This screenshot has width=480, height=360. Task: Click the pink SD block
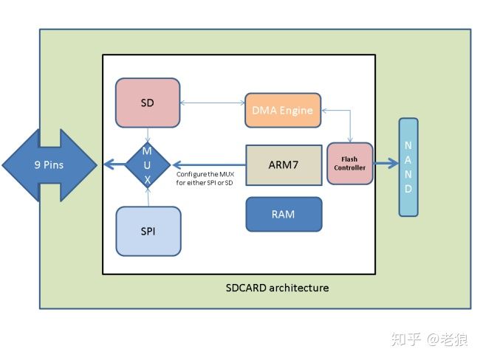pos(148,103)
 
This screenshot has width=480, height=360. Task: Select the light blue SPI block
pos(148,231)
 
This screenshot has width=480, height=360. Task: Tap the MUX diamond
pos(148,164)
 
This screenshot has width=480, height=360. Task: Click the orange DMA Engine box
pos(282,111)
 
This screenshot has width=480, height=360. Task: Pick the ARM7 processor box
pos(284,165)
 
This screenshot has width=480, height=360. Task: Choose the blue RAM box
pos(284,214)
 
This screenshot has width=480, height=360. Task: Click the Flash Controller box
pos(349,164)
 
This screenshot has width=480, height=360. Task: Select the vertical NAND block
pos(408,167)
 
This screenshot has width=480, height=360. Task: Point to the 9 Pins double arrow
pos(49,165)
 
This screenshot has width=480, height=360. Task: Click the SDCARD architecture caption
pos(277,287)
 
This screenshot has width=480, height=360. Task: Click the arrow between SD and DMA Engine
pos(212,103)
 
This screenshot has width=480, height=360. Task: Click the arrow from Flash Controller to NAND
pos(385,164)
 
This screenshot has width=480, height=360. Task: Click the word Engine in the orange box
pos(297,111)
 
